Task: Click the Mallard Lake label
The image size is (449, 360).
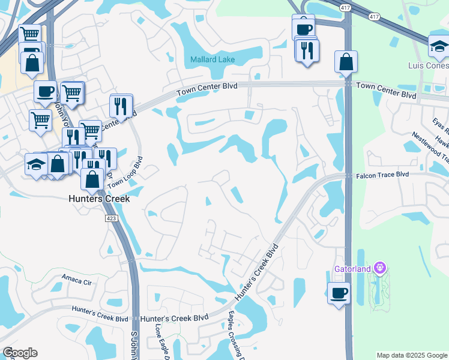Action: pos(212,60)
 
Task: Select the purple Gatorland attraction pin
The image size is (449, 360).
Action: pos(379,267)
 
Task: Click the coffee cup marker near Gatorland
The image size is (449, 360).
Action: pos(339,293)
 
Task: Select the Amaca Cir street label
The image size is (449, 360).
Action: pos(76,278)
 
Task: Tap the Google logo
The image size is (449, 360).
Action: pos(20,353)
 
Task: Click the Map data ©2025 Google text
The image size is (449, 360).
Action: pos(411,355)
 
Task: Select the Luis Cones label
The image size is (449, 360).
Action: pos(428,65)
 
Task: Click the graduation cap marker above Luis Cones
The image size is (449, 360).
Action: pos(439,47)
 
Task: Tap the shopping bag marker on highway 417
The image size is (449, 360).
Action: pos(346,62)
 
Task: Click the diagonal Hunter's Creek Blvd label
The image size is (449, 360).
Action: pos(258,272)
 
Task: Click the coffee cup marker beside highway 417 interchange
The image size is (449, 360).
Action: pos(304,28)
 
